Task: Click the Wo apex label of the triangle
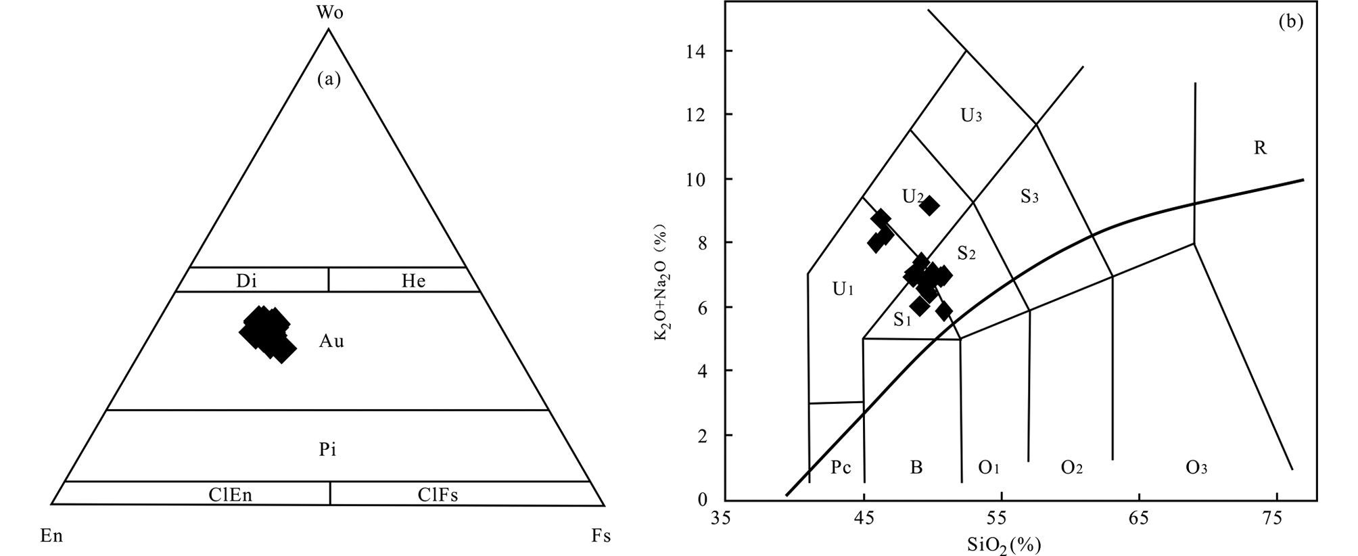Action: pyautogui.click(x=329, y=14)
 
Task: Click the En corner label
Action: pyautogui.click(x=51, y=536)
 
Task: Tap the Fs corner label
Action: pyautogui.click(x=601, y=536)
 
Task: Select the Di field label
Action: pyautogui.click(x=246, y=281)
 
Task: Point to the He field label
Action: pyautogui.click(x=413, y=281)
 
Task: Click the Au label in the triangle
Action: pyautogui.click(x=331, y=342)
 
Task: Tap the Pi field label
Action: pyautogui.click(x=328, y=450)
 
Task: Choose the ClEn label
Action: pyautogui.click(x=231, y=495)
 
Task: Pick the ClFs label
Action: pyautogui.click(x=438, y=495)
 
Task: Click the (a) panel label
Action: pyautogui.click(x=329, y=80)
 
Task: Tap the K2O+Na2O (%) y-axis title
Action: pyautogui.click(x=662, y=285)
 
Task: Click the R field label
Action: pyautogui.click(x=1260, y=148)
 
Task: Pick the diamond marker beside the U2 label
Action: pyautogui.click(x=930, y=206)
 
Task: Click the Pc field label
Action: pyautogui.click(x=841, y=467)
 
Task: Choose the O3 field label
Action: pyautogui.click(x=1196, y=467)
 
